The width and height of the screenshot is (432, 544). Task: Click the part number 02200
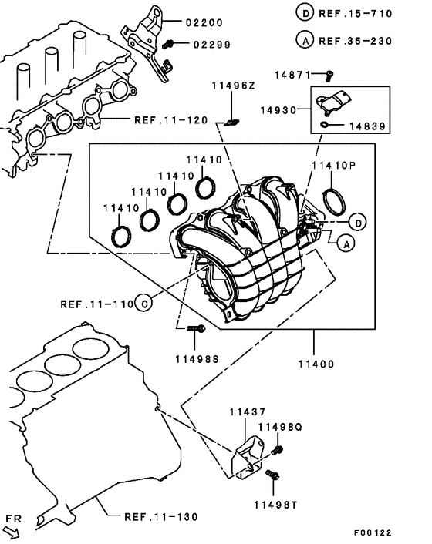click(204, 23)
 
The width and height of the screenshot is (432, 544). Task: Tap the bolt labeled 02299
click(168, 44)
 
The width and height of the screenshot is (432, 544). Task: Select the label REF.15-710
click(356, 14)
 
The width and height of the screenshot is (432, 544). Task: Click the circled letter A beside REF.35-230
click(305, 40)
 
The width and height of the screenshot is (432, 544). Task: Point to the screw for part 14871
click(329, 76)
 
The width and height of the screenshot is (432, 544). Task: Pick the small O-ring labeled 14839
click(324, 124)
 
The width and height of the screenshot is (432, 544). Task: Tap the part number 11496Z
click(234, 86)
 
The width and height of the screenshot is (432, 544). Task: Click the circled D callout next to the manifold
click(358, 222)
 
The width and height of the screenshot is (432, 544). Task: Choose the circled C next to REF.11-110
click(143, 304)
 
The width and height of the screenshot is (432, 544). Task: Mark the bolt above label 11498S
click(196, 328)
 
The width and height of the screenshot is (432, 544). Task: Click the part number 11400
click(316, 364)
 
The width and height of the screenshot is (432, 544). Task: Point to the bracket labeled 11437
click(248, 457)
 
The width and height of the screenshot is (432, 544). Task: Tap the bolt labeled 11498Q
click(277, 450)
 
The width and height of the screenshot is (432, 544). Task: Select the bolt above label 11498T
click(272, 475)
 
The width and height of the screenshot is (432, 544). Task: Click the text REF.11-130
click(160, 517)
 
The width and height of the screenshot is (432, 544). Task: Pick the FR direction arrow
click(11, 532)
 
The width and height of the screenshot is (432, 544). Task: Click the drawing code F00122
click(373, 532)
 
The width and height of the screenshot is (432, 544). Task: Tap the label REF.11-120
click(170, 120)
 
